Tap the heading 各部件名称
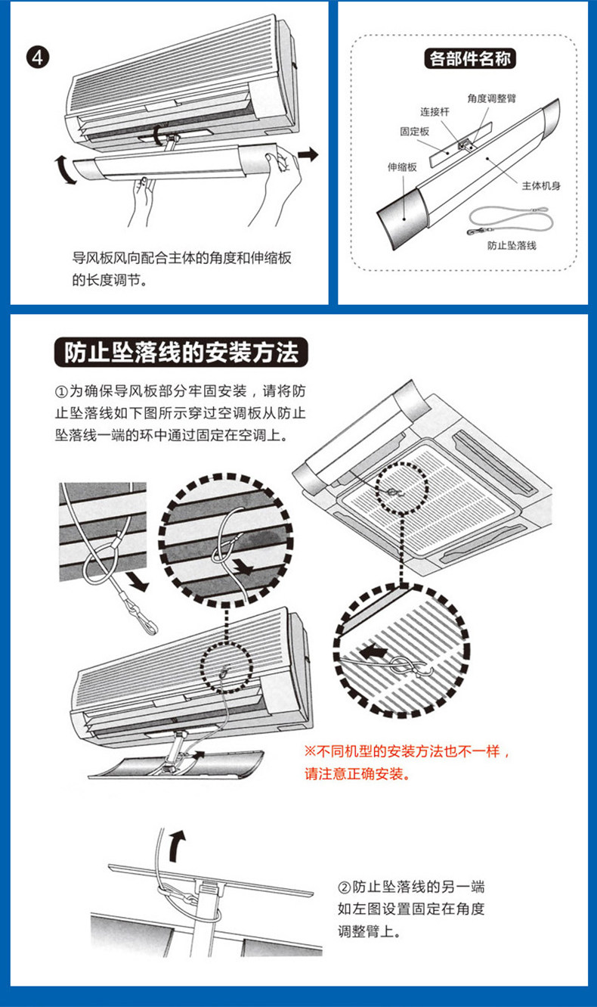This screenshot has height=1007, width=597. [471, 58]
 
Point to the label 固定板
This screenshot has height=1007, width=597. [415, 131]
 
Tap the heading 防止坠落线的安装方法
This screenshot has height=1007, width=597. [181, 353]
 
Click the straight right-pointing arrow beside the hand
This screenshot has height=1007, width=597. [307, 154]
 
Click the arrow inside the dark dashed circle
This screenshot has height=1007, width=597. [243, 565]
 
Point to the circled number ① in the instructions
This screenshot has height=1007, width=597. [61, 392]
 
